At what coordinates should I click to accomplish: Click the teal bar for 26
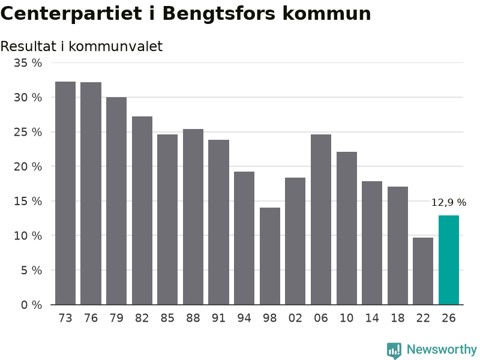coord(448,260)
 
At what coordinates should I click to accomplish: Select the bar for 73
coord(65,193)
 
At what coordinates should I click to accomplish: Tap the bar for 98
coord(269,256)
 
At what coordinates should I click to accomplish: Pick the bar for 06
coord(321,220)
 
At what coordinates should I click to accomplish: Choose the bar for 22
coord(423,271)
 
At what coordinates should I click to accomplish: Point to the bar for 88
coord(193,217)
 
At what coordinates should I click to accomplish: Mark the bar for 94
coord(244,238)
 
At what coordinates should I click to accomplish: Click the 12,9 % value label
coord(449,202)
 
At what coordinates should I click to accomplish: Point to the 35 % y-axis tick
coord(28,63)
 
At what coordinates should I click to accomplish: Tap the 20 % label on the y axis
coord(28,167)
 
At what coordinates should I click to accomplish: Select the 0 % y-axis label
coord(32,305)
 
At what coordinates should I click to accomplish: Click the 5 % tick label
coord(32,271)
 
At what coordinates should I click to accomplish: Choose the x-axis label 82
coord(142,318)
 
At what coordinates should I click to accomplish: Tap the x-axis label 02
coord(295,318)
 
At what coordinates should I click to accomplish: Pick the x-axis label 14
coord(372,318)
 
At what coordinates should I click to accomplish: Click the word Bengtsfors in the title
coord(218,14)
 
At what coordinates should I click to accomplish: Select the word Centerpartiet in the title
coord(71,14)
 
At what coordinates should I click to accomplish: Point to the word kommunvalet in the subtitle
coord(115,46)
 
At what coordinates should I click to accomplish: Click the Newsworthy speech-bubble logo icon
coord(394,350)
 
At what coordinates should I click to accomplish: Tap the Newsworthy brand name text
coord(442,349)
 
